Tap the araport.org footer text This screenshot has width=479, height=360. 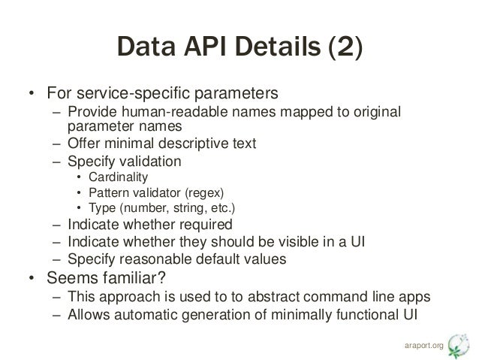pyautogui.click(x=422, y=346)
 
